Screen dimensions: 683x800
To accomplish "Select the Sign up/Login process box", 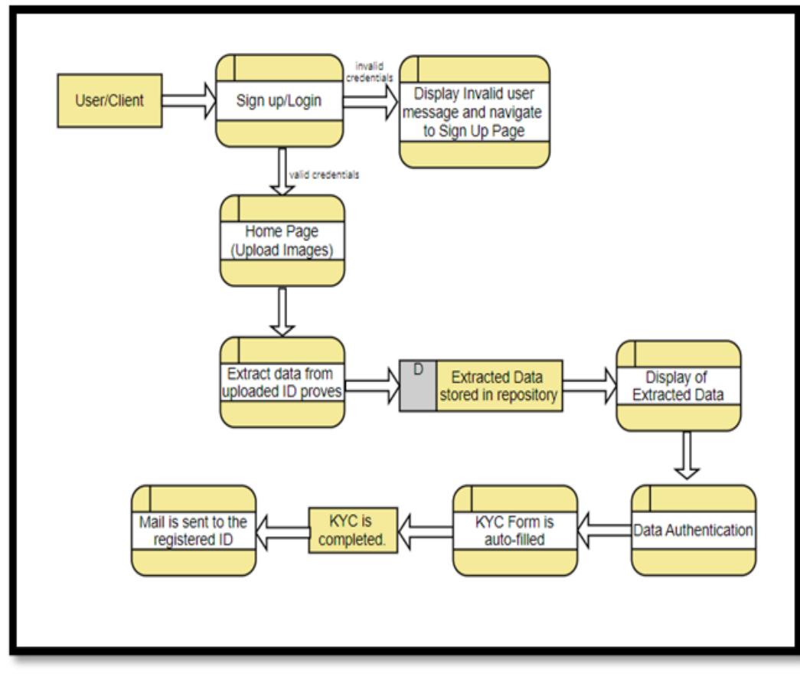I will coord(279,100).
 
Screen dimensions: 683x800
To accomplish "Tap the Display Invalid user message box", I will coord(475,112).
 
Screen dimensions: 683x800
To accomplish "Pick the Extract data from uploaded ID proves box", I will coord(282,382).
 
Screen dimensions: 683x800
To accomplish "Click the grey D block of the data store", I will coord(418,386).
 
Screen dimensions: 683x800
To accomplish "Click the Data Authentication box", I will coord(694,530).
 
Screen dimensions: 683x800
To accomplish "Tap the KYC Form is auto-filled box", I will coord(514,530).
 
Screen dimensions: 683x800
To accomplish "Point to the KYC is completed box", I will coord(353,530).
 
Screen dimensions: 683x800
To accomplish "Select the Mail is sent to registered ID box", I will coord(194,530).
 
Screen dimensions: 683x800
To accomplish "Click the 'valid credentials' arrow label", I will coord(324,175).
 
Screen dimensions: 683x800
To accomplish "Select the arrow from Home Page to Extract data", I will coord(282,311).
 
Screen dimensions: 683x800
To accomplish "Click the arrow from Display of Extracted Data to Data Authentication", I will coord(687,456).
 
